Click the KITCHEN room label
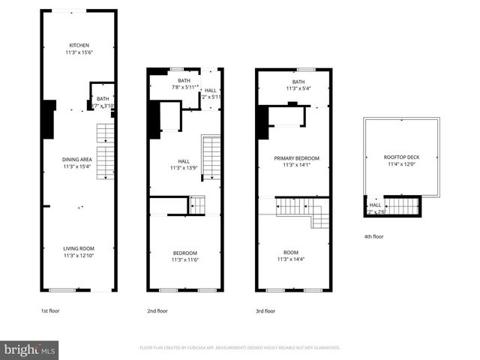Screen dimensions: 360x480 coord(79,45)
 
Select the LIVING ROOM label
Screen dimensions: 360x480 coord(79,249)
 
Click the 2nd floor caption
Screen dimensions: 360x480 coord(157,310)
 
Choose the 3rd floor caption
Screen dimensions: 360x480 coord(265,310)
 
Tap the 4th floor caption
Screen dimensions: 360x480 coord(373,236)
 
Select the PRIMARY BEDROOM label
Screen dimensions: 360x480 coord(296,158)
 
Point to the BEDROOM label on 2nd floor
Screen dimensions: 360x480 coord(184,253)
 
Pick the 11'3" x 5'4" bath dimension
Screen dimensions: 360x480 coord(298,88)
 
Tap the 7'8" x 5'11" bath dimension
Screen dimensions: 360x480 coord(184,87)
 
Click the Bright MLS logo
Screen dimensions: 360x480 coord(30,349)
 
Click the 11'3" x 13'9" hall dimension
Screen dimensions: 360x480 coord(184,168)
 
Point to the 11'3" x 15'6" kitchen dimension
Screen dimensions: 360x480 coord(79,52)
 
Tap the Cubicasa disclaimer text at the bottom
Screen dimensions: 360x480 coord(240,348)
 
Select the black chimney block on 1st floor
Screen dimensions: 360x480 coord(48,119)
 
